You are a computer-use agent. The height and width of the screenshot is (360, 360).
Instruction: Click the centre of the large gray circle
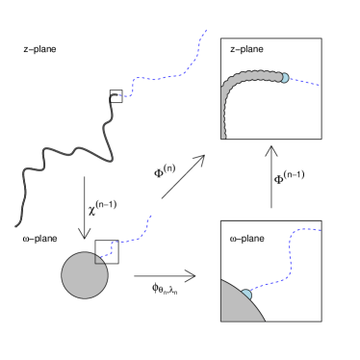(x=85, y=275)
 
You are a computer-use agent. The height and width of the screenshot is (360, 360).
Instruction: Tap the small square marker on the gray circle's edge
(x=99, y=259)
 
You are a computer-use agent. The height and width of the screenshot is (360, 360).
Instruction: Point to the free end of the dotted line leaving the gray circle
(x=151, y=216)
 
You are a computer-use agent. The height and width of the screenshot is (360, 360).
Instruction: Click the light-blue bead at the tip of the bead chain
(x=284, y=78)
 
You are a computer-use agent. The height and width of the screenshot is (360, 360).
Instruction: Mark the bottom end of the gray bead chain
(x=223, y=137)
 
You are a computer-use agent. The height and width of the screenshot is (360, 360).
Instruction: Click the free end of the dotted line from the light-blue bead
(x=319, y=86)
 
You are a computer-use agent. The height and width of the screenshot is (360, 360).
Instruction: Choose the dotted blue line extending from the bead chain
(x=302, y=82)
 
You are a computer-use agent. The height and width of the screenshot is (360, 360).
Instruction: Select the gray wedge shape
(x=236, y=306)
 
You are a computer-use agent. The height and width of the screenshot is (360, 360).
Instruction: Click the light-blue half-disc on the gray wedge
(x=246, y=295)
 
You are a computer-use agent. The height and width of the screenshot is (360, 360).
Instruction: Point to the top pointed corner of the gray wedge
(x=222, y=280)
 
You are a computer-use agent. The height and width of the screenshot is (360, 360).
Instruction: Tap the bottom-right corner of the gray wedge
(x=264, y=321)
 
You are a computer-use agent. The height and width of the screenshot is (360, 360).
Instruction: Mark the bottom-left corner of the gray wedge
(x=222, y=321)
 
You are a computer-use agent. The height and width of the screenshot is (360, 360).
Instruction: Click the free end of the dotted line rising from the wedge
(x=321, y=230)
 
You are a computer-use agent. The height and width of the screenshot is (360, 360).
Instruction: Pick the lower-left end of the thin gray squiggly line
(x=16, y=226)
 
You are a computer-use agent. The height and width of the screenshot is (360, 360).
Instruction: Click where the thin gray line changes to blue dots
(x=113, y=95)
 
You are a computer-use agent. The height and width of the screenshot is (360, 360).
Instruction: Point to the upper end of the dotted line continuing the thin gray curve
(x=206, y=30)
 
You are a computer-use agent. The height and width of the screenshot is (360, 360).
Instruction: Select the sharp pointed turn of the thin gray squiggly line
(x=112, y=160)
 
